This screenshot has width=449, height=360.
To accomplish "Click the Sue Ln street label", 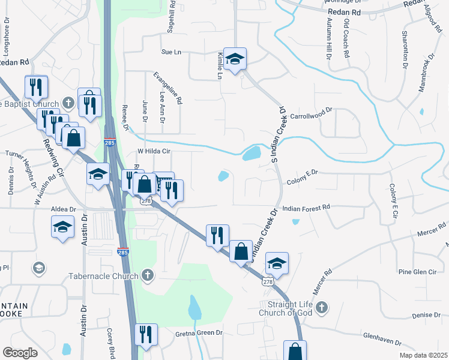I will tap(171, 52).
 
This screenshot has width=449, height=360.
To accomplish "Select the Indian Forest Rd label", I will tap(306, 207).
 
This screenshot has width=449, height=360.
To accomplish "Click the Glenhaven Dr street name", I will tap(381, 341).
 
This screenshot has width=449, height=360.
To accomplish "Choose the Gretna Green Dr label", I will tap(199, 332).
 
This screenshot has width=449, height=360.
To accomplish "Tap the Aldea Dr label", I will tap(64, 209).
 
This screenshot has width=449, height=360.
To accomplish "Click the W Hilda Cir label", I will tap(154, 151).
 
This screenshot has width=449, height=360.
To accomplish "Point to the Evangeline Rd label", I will tap(167, 89).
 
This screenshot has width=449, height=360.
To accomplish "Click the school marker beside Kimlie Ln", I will tap(235, 59).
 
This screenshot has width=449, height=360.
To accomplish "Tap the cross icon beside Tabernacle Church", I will tap(147, 276).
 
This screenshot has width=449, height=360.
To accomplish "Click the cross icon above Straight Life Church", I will tap(321, 308).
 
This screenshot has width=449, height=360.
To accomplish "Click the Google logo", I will tap(20, 353).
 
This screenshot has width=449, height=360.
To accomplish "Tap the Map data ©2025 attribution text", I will tap(423, 355).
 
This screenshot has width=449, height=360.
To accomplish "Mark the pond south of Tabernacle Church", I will tap(194, 308).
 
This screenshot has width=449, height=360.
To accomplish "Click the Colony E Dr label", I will tap(302, 172).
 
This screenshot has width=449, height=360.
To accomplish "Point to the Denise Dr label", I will tap(426, 314).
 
